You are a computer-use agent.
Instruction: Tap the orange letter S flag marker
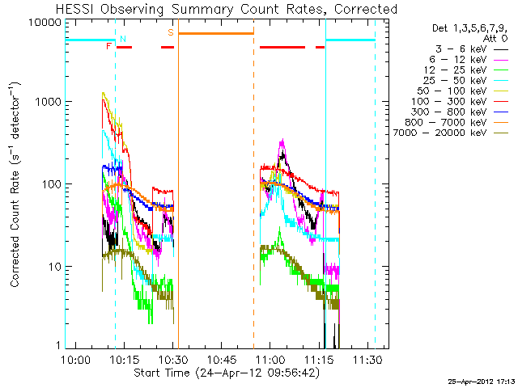[170, 32]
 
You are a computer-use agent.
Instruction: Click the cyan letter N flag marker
[123, 39]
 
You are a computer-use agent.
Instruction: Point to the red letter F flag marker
[108, 46]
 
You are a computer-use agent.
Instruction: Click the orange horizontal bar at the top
[216, 33]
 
